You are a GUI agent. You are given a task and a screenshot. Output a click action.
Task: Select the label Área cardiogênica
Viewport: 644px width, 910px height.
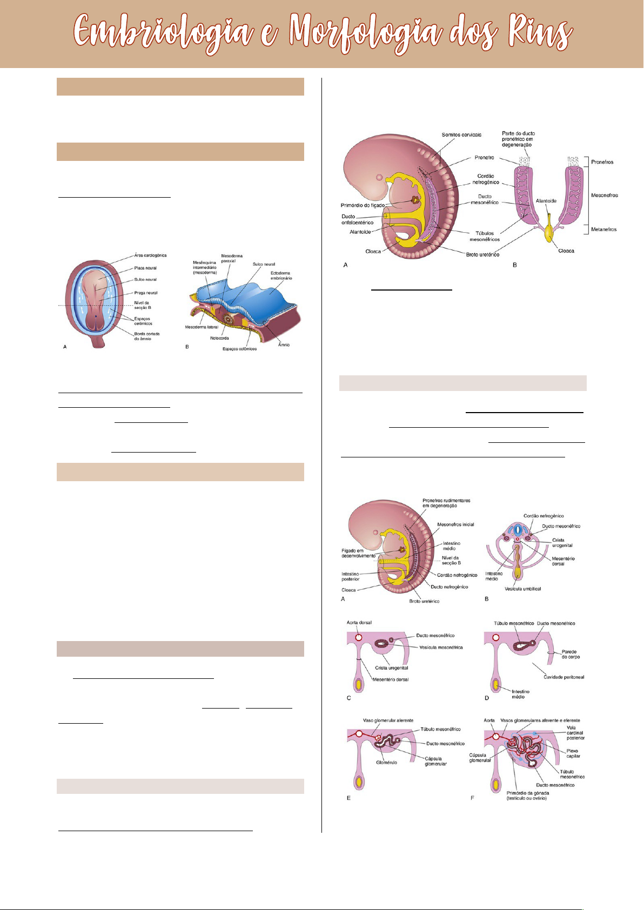[150, 255]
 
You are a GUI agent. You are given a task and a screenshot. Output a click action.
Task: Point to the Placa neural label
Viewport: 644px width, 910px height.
[145, 268]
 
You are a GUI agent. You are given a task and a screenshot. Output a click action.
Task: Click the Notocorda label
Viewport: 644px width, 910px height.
[219, 338]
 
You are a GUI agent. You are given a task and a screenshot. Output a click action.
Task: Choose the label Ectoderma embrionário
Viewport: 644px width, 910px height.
[281, 275]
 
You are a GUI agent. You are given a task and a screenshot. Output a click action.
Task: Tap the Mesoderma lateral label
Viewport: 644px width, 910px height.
[202, 327]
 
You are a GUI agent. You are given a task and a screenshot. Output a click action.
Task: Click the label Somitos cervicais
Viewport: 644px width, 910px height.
[461, 134]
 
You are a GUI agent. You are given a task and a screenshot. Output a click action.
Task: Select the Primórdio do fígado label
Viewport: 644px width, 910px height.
[363, 205]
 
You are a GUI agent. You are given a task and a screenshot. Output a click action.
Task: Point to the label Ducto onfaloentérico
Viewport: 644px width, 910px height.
[357, 219]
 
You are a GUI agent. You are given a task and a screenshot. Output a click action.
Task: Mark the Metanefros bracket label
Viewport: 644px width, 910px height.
[603, 230]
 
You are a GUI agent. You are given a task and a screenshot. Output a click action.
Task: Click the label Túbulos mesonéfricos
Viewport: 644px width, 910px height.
[484, 237]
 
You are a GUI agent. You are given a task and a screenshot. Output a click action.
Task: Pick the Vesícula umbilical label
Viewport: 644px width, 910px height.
[522, 589]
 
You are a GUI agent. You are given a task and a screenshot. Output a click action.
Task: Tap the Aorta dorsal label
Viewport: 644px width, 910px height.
[359, 623]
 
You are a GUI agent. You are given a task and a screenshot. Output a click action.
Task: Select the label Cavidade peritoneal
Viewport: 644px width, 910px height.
[563, 677]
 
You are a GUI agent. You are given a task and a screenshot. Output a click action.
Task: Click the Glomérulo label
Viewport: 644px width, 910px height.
[386, 763]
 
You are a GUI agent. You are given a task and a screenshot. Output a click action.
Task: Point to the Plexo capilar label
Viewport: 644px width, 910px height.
[572, 753]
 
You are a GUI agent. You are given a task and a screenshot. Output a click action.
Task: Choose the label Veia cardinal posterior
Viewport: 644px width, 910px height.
[575, 733]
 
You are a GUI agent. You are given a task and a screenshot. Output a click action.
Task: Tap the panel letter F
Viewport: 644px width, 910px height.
[472, 798]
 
